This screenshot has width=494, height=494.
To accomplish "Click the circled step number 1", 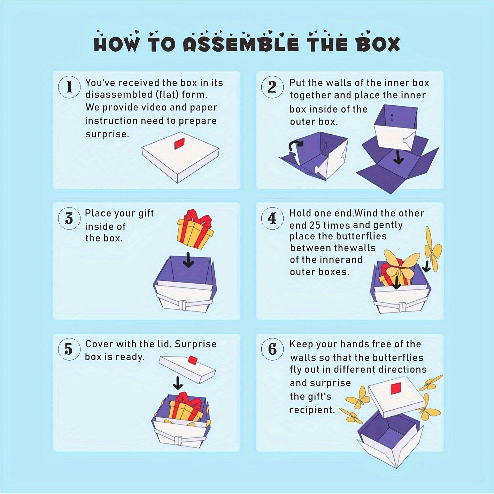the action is [69, 87].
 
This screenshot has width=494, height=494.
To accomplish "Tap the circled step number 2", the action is [272, 87].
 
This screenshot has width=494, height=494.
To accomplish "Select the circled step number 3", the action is [69, 218].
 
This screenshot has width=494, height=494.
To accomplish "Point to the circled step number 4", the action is [272, 218].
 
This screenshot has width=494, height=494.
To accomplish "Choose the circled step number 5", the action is [69, 349].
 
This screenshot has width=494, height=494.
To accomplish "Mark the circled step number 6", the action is [272, 349].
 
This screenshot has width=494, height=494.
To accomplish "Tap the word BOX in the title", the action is [377, 44].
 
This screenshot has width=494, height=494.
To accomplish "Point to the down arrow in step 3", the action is [189, 260].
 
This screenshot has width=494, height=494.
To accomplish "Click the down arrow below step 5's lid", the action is [178, 383].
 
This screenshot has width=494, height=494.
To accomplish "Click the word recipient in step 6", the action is [312, 410].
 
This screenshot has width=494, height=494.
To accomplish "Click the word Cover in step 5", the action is [99, 344].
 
